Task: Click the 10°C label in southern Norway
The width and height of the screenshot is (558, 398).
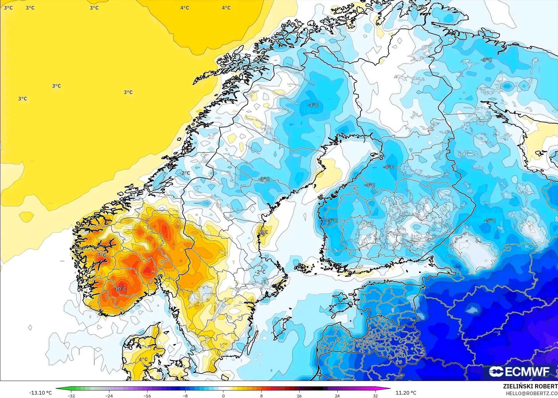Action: [x=121, y=289]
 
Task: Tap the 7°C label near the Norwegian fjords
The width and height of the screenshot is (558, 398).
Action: [x=102, y=255]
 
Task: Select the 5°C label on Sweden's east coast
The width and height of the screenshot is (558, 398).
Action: [x=264, y=232]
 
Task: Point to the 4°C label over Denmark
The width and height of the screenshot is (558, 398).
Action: [x=143, y=359]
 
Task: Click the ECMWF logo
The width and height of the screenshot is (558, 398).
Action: [x=519, y=372]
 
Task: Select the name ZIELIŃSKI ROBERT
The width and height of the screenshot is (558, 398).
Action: [x=530, y=387]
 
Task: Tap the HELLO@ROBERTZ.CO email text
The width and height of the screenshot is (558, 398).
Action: [x=532, y=394]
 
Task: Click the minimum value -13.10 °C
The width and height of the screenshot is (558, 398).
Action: [x=41, y=393]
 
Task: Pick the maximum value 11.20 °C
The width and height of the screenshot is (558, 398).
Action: [x=406, y=393]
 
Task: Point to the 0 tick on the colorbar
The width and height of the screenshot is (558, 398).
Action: [x=223, y=396]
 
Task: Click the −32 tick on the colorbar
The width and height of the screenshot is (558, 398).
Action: [x=71, y=396]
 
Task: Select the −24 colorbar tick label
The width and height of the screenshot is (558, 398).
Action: [x=109, y=396]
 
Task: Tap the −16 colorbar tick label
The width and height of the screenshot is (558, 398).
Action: [x=147, y=396]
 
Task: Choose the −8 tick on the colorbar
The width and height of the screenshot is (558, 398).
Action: [x=185, y=396]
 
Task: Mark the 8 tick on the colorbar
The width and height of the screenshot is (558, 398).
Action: [x=261, y=396]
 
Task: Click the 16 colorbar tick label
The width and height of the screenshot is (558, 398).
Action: [x=299, y=396]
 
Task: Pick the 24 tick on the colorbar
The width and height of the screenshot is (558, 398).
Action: [x=337, y=396]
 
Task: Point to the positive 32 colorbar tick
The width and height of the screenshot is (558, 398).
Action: [x=375, y=396]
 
